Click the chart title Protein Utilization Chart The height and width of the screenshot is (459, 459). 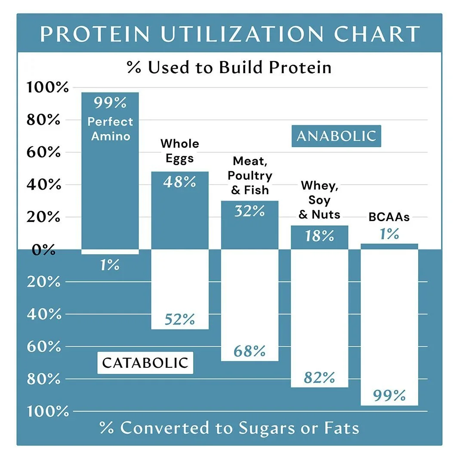229,34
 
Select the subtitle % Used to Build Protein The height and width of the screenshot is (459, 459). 229,68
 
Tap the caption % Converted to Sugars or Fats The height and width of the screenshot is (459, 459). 229,428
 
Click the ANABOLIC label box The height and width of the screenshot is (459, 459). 336,136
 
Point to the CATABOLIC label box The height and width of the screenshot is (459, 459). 145,363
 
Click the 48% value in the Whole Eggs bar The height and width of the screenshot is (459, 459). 179,182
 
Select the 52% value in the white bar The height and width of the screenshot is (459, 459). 179,320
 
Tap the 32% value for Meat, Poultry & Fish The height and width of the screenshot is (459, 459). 249,211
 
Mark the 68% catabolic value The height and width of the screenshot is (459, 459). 249,351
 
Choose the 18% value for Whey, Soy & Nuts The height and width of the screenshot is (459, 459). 319,236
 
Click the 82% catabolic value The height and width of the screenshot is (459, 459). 319,378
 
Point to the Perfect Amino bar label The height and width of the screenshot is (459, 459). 110,129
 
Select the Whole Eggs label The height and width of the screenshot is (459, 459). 179,151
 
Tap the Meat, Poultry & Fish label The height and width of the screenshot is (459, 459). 250,176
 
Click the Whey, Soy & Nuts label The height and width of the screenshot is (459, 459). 319,200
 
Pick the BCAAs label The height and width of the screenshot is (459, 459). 389,217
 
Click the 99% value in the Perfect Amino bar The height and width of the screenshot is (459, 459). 110,103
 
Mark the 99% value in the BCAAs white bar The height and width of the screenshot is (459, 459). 389,395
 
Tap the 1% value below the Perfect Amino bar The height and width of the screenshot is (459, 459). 110,265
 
